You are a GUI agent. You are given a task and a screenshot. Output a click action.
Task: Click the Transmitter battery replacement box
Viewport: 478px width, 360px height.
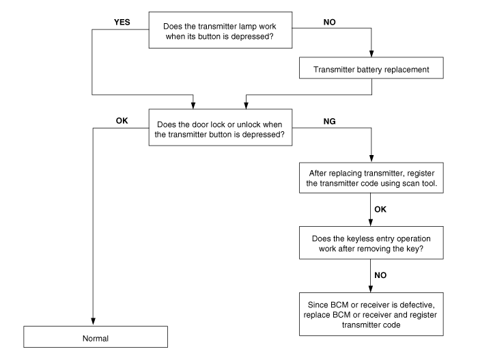[x=370, y=68]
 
